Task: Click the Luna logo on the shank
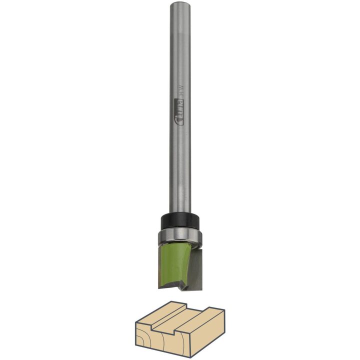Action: coord(180,112)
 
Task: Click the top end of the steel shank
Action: coord(180,3)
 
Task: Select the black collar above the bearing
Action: coord(180,221)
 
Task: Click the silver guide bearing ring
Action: coord(180,237)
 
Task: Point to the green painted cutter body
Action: coord(173,266)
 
